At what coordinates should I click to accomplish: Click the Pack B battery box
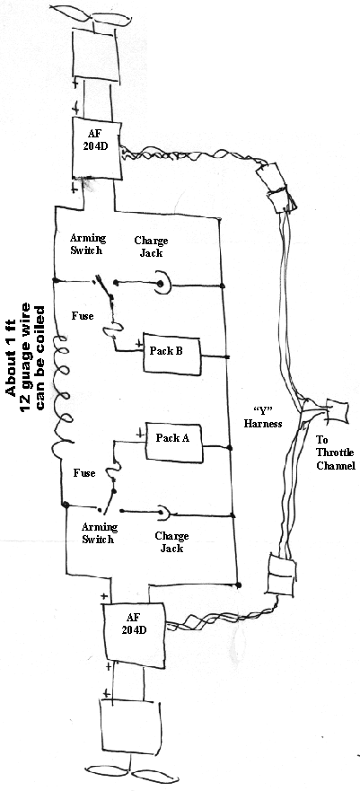[x=171, y=352]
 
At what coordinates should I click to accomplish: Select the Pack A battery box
[x=174, y=443]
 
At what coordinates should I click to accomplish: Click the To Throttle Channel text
[x=335, y=452]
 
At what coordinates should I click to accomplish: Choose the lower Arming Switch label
[x=100, y=533]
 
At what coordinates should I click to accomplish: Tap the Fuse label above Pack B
[x=82, y=316]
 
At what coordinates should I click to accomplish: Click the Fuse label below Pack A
[x=84, y=473]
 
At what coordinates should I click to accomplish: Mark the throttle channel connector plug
[x=338, y=410]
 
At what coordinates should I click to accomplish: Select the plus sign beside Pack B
[x=138, y=344]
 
